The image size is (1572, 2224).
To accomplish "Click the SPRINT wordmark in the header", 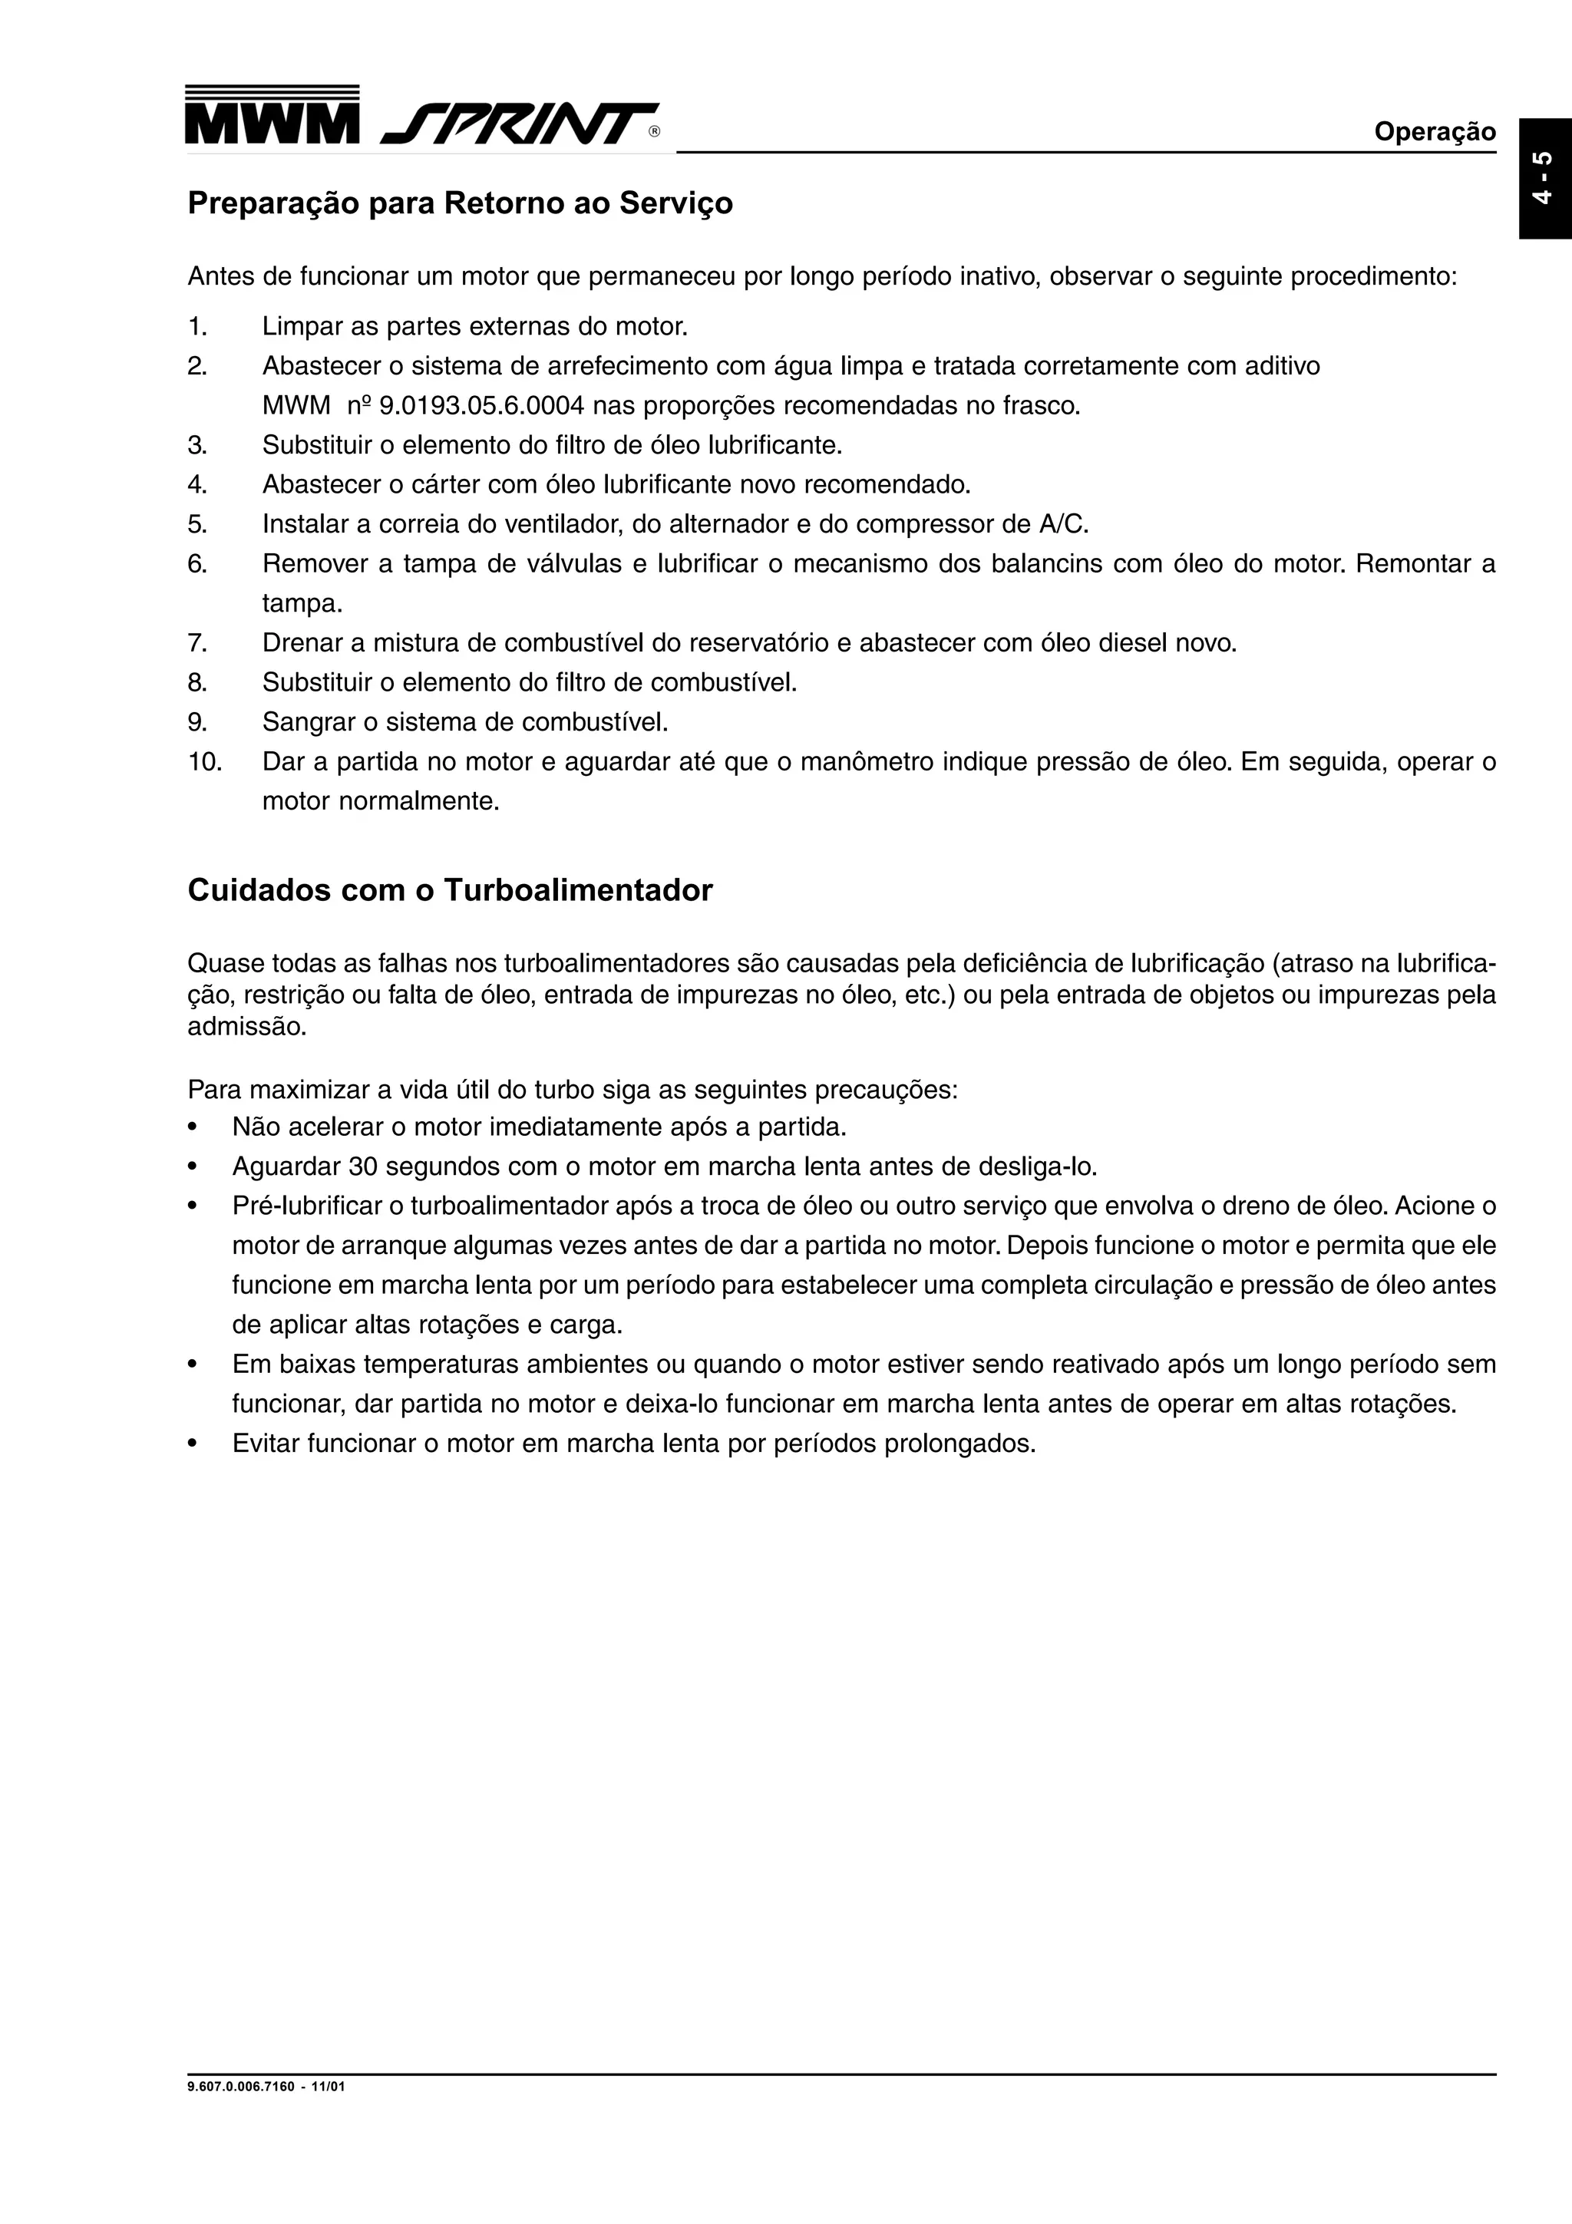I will pyautogui.click(x=520, y=123).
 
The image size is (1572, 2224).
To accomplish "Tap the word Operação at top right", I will pyautogui.click(x=1435, y=132).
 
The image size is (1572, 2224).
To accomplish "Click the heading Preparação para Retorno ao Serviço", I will pyautogui.click(x=460, y=203).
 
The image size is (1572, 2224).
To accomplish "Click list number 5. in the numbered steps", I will pyautogui.click(x=197, y=525).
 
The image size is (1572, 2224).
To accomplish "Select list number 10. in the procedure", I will pyautogui.click(x=204, y=762).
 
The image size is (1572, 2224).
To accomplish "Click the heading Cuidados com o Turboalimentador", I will pyautogui.click(x=450, y=890).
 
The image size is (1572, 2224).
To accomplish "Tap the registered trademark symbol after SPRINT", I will pyautogui.click(x=655, y=133).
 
